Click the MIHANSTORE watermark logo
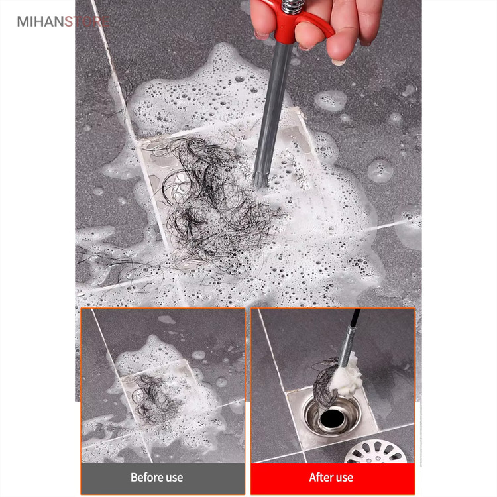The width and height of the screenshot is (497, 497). (63, 21)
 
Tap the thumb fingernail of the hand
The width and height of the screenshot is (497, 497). (338, 62)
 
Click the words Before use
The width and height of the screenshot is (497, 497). (156, 478)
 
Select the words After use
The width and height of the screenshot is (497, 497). (331, 478)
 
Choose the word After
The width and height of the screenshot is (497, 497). (320, 478)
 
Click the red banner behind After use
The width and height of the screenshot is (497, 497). (333, 478)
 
